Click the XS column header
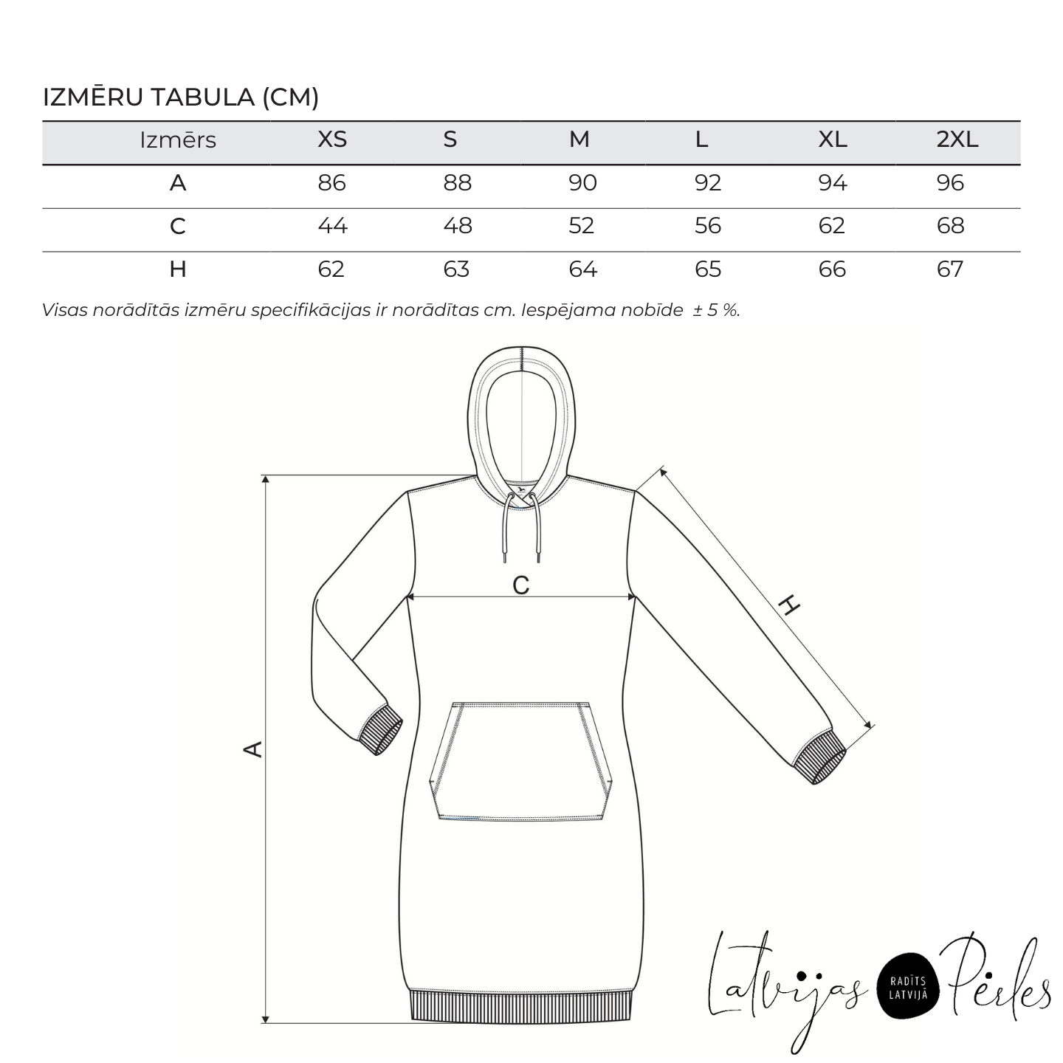(x=332, y=140)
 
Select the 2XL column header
(x=957, y=140)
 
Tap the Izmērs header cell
(x=178, y=140)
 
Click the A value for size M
(x=582, y=182)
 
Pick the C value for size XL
(x=831, y=226)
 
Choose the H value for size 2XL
(x=950, y=269)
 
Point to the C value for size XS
(x=332, y=226)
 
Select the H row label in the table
(x=178, y=269)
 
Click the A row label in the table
(x=178, y=182)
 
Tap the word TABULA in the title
(x=203, y=97)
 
